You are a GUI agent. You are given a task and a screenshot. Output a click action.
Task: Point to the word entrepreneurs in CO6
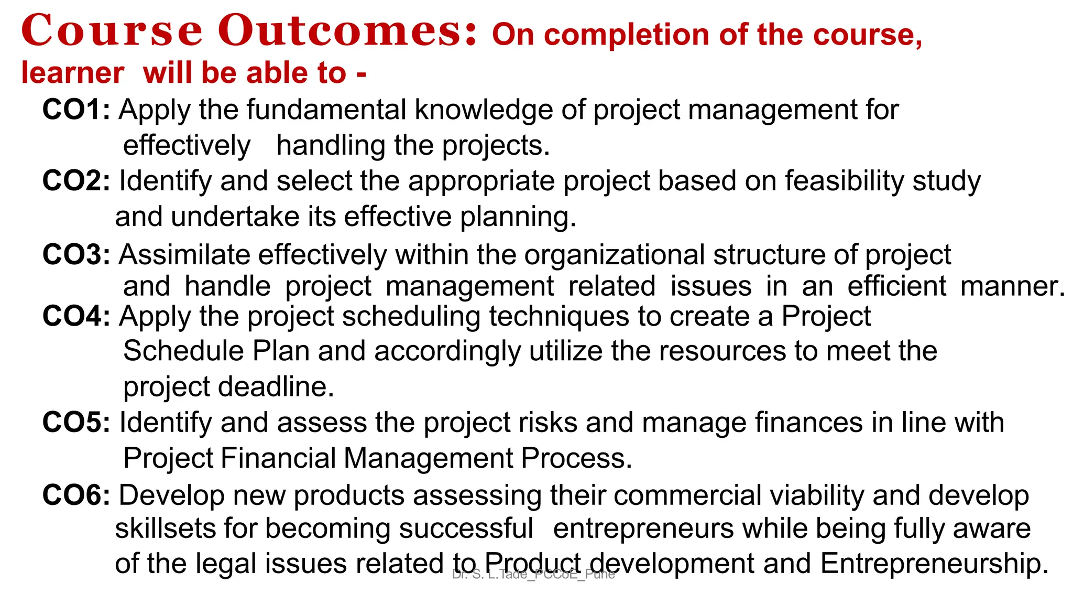[x=643, y=528]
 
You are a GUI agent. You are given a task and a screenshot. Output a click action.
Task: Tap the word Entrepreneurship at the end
[x=934, y=564]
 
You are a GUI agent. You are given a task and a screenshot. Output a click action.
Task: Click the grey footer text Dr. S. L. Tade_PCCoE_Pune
[x=533, y=575]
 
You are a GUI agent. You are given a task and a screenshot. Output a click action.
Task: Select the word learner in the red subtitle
[x=72, y=73]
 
